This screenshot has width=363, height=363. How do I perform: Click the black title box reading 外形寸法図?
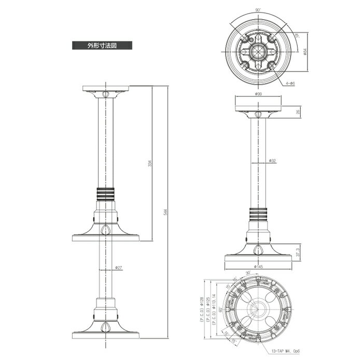[x=102, y=45]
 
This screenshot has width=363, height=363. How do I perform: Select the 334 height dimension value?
[x=150, y=164]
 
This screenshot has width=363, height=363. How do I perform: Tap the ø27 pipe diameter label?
[x=118, y=268]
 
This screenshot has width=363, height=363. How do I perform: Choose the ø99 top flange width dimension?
[x=258, y=94]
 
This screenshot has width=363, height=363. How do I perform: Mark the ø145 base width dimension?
[x=258, y=267]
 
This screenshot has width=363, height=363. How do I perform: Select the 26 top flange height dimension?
[x=297, y=111]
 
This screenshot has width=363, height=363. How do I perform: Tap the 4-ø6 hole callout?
[x=289, y=83]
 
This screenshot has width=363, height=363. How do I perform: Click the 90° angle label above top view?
[x=258, y=8]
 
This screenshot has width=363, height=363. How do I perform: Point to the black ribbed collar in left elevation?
[x=106, y=193]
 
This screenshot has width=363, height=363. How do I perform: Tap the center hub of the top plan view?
[x=258, y=51]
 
